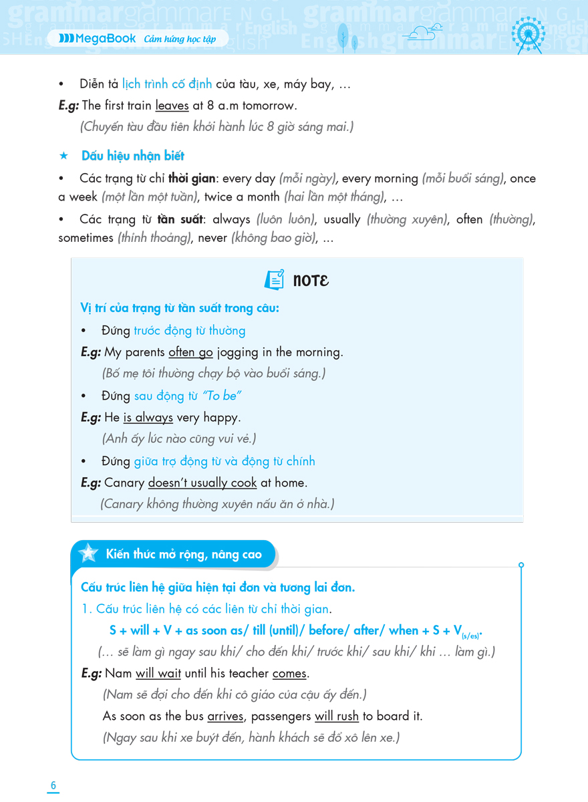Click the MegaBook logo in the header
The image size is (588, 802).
click(x=97, y=39)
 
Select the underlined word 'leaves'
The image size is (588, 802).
click(x=172, y=106)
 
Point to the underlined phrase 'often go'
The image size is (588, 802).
click(x=190, y=352)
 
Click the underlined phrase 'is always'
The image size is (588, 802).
click(x=148, y=418)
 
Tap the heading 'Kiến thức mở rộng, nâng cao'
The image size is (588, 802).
click(x=184, y=554)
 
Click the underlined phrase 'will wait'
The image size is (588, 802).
click(x=158, y=674)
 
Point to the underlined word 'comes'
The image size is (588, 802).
click(x=289, y=674)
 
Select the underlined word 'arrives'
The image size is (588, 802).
click(x=226, y=716)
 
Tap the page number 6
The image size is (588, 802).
click(x=53, y=785)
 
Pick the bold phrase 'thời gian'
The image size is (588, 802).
click(x=192, y=178)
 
